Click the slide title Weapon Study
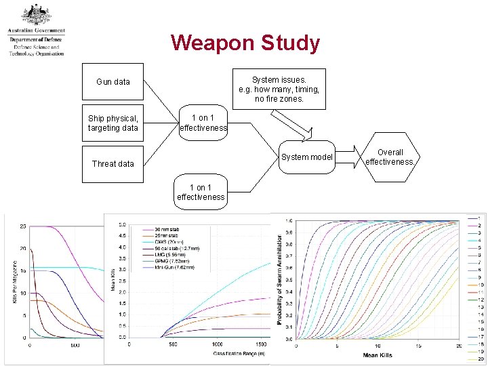pos(245,43)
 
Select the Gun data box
pos(113,82)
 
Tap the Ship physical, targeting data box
pos(113,123)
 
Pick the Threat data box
pos(113,163)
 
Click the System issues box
pos(279,89)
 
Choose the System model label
pos(307,157)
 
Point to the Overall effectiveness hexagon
pos(390,157)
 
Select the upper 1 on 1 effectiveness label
pos(203,123)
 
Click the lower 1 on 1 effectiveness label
pos(201,192)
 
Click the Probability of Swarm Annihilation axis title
pos(279,279)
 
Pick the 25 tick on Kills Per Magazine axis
pos(23,226)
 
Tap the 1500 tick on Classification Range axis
pos(261,344)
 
